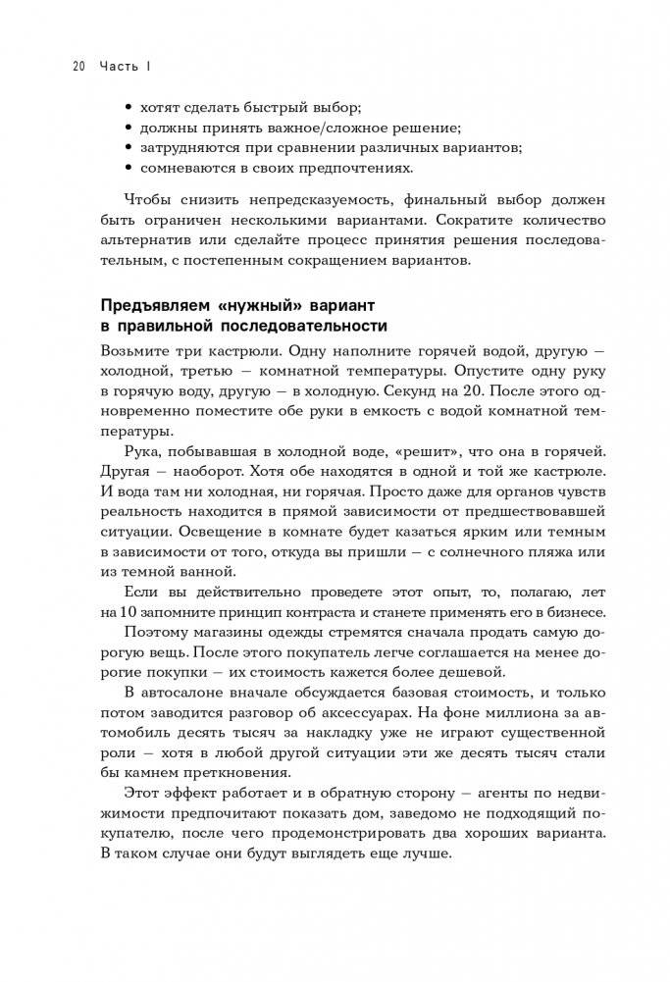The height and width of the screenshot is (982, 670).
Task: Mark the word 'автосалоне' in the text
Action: (x=180, y=698)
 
